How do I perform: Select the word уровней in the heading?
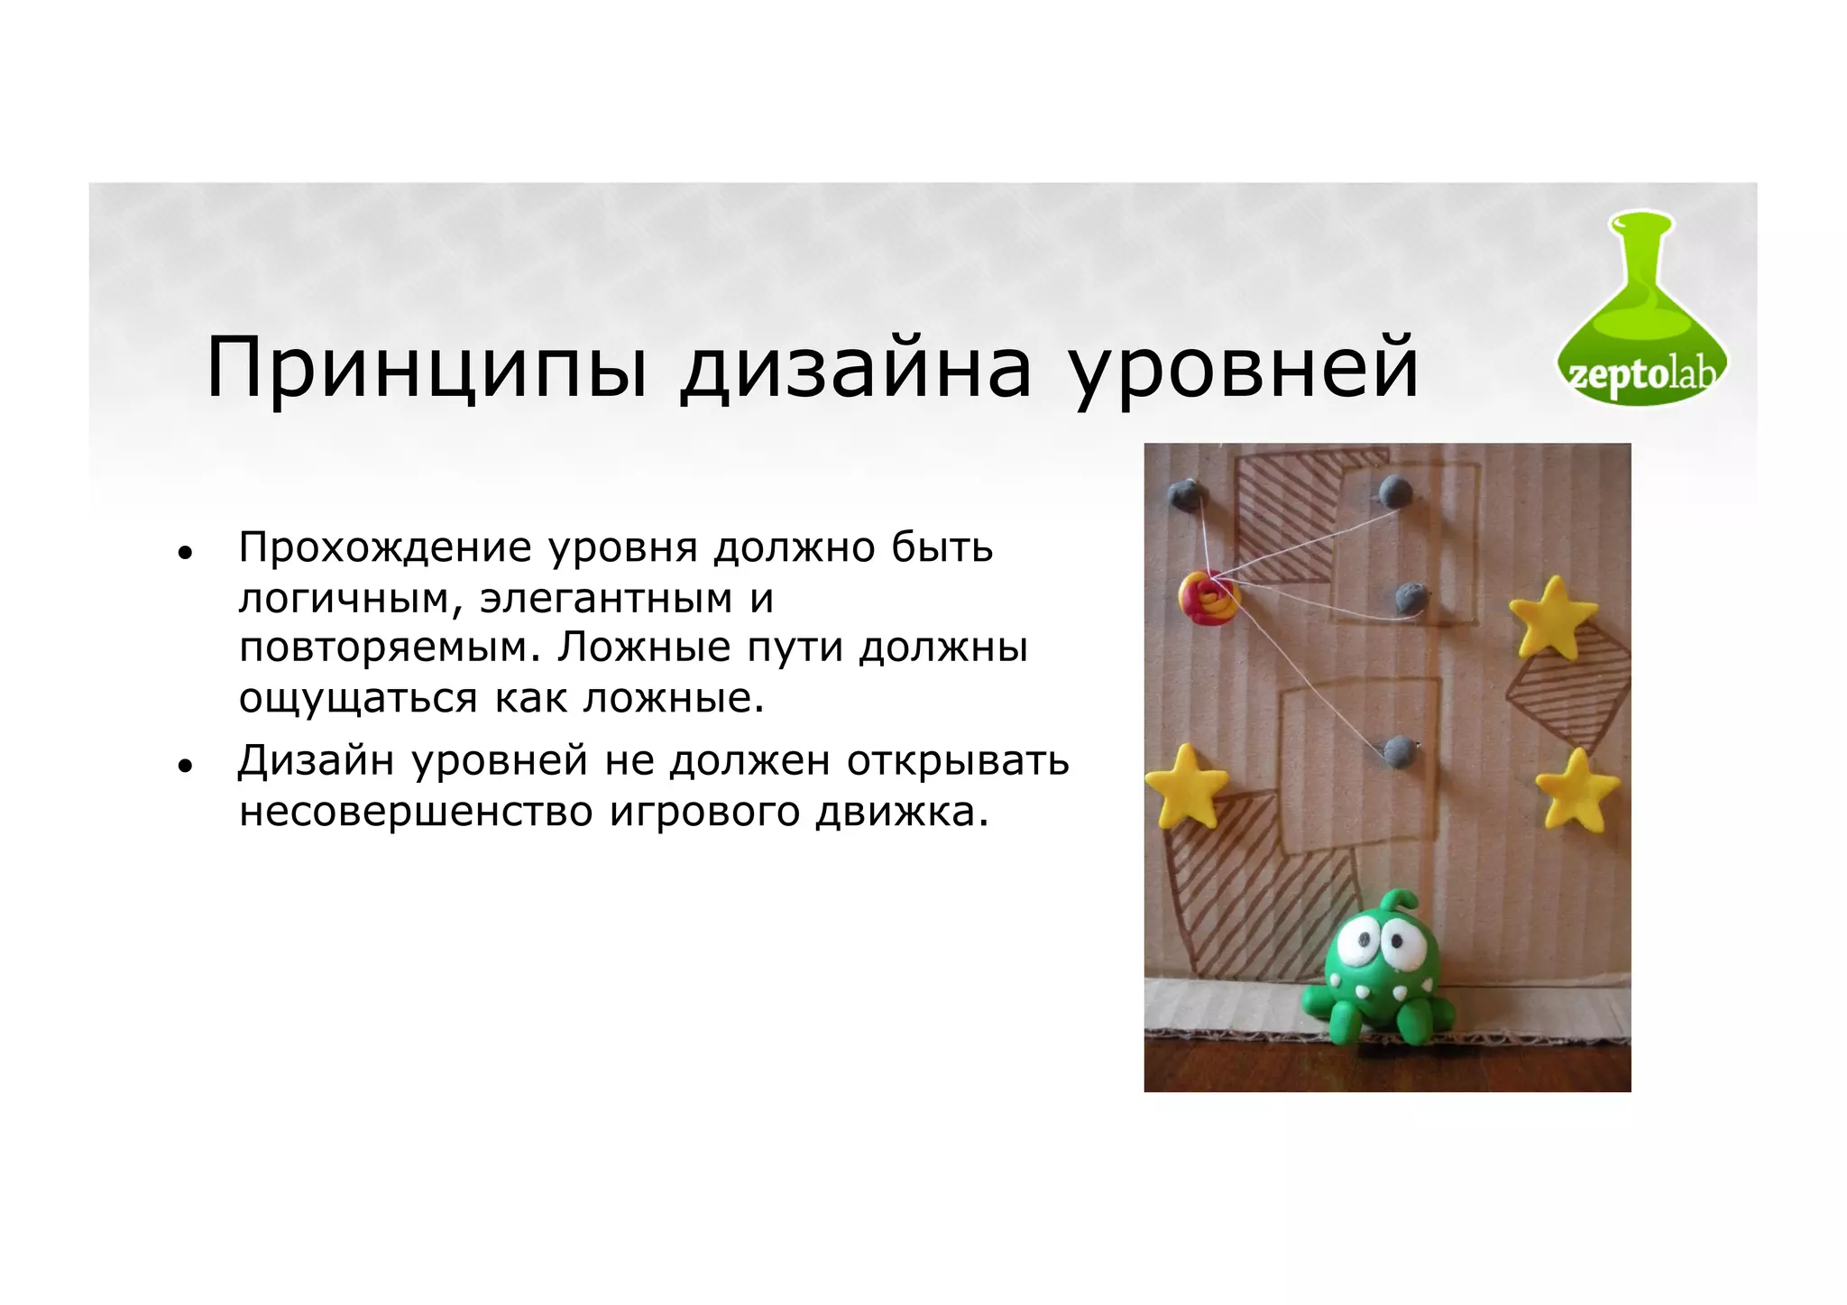(x=1245, y=370)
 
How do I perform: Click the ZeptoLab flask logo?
(x=1641, y=311)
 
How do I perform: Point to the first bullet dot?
(x=185, y=553)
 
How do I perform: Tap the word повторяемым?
(x=388, y=648)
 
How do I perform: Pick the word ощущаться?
(x=357, y=699)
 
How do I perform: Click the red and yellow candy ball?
(x=1208, y=597)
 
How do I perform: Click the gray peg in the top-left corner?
(x=1185, y=493)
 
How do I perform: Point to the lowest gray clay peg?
(x=1400, y=751)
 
